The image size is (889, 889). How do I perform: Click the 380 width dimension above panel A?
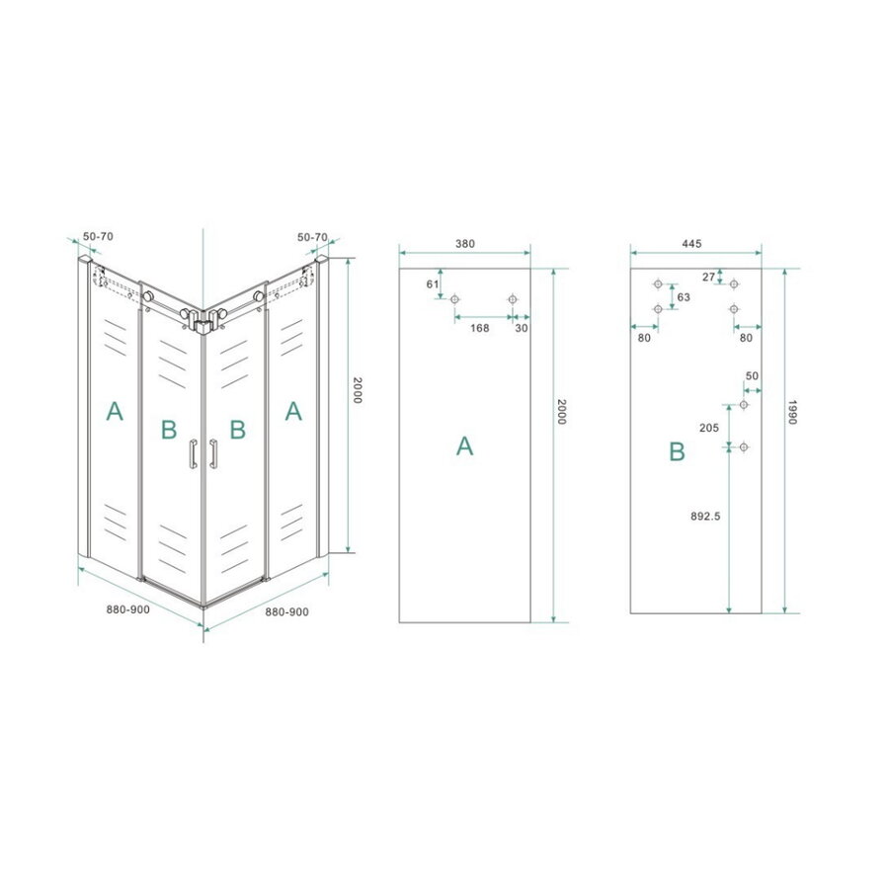(x=464, y=243)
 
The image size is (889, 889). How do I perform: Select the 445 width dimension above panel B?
(x=690, y=243)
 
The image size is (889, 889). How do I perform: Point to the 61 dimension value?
(x=432, y=284)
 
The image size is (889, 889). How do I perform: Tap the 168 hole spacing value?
(x=480, y=328)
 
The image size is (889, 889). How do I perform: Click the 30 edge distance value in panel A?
(x=521, y=328)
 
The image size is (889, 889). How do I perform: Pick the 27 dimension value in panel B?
(x=707, y=276)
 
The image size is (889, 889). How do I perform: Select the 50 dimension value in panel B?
(x=752, y=376)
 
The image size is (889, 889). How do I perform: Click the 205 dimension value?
(x=707, y=427)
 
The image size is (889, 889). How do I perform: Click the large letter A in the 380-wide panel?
(x=464, y=446)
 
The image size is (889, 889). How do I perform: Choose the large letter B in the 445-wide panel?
(x=677, y=452)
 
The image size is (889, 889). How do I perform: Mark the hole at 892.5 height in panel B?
(x=745, y=446)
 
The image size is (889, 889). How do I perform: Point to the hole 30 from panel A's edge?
(x=512, y=299)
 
